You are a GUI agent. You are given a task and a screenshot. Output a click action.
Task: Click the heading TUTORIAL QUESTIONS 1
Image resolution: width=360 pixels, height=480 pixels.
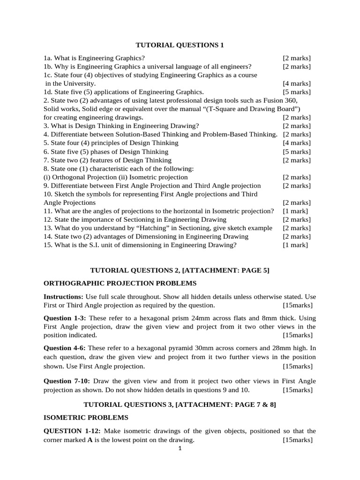pos(180,45)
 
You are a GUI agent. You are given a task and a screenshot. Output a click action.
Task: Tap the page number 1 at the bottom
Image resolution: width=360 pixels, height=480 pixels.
pos(180,449)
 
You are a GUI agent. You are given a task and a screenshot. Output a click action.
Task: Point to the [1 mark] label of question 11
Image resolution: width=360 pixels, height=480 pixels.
pos(295,211)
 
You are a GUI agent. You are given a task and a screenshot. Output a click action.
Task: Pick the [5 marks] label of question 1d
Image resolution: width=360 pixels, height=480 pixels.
pos(296,92)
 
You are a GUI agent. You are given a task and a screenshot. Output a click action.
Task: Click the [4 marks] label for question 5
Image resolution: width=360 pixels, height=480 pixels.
pos(296,143)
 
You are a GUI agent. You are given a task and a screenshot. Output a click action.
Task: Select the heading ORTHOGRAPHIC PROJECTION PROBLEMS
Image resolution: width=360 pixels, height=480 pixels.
pos(120,283)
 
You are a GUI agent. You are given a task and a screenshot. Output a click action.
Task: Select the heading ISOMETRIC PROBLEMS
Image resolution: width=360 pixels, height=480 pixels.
pos(86,417)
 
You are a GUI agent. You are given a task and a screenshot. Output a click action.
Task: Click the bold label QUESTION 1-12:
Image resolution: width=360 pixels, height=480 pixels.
pos(71,431)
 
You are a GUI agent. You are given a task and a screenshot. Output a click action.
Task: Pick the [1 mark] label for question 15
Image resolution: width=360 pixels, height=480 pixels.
pos(295,245)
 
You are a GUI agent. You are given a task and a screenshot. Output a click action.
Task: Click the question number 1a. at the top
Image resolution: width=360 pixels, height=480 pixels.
pos(48,58)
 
